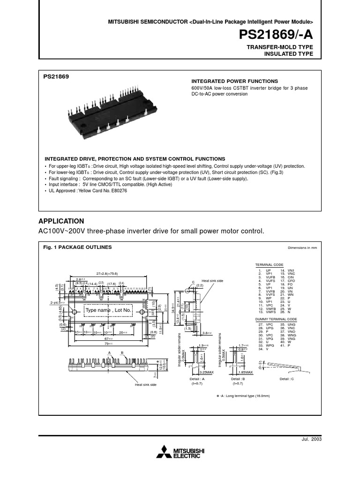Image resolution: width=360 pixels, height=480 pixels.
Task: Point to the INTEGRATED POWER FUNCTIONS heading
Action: tap(234, 81)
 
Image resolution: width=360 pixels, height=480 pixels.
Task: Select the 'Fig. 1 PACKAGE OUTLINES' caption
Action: tap(77, 247)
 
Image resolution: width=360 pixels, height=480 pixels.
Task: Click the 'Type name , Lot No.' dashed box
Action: tap(108, 310)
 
